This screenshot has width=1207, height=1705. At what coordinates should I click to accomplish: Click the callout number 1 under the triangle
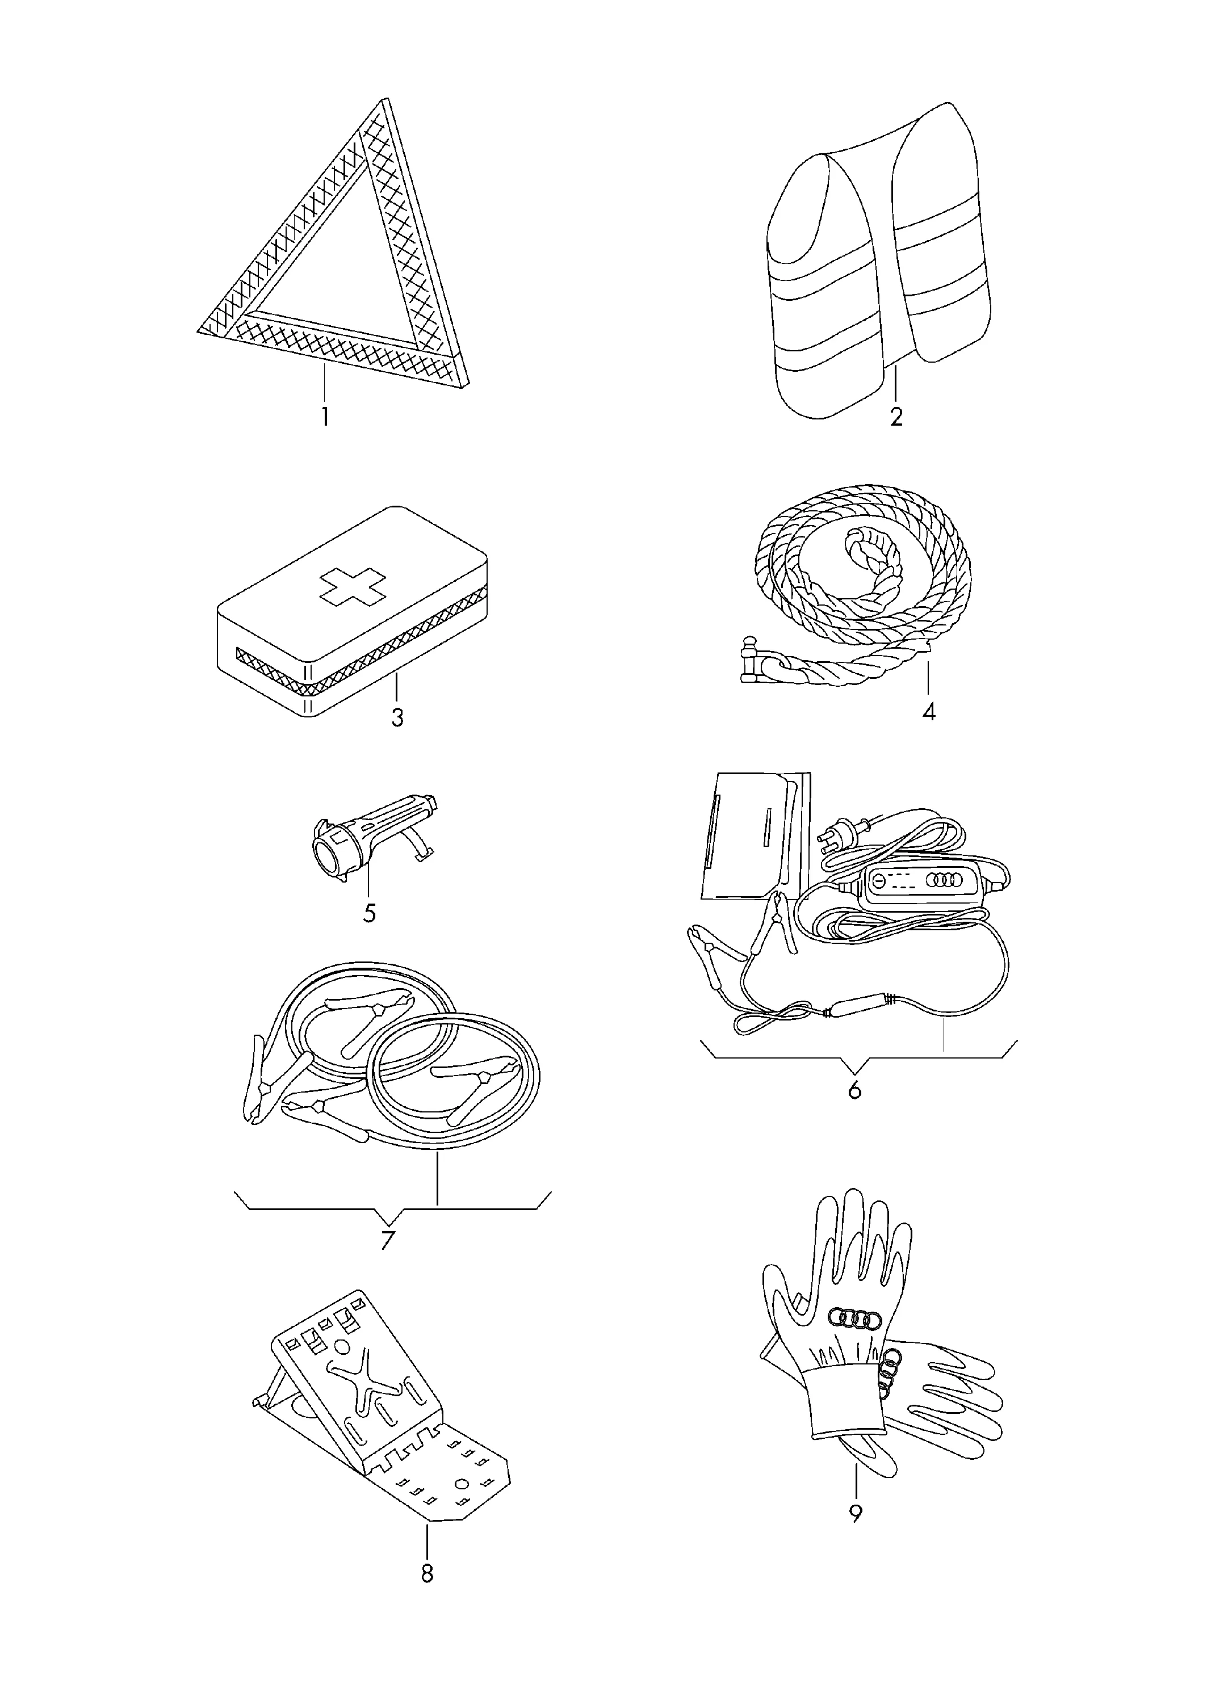click(325, 416)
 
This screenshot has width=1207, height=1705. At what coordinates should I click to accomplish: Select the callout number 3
click(397, 717)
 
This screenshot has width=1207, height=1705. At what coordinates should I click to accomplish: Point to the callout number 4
click(929, 712)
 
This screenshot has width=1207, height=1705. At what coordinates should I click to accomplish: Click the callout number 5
click(370, 912)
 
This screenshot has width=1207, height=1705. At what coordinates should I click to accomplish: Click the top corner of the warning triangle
click(384, 99)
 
